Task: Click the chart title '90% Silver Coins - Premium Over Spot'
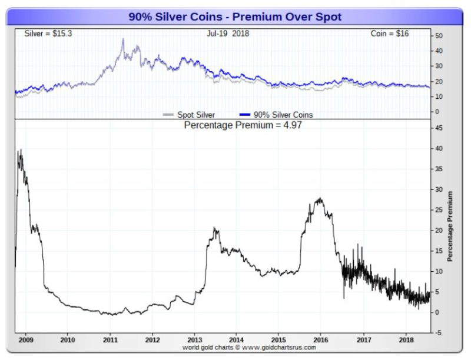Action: click(235, 17)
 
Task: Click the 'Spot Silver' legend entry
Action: click(191, 115)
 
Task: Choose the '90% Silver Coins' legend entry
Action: click(277, 115)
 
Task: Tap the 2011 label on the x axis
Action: click(111, 340)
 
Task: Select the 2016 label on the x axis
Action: click(321, 340)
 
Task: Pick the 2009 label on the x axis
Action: click(25, 340)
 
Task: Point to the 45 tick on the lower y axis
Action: click(438, 128)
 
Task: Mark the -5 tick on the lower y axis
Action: click(438, 333)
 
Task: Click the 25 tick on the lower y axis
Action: click(438, 210)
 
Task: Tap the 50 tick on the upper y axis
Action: click(438, 36)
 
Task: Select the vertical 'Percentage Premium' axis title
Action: click(450, 226)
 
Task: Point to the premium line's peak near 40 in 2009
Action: click(21, 150)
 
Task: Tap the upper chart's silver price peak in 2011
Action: click(123, 39)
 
